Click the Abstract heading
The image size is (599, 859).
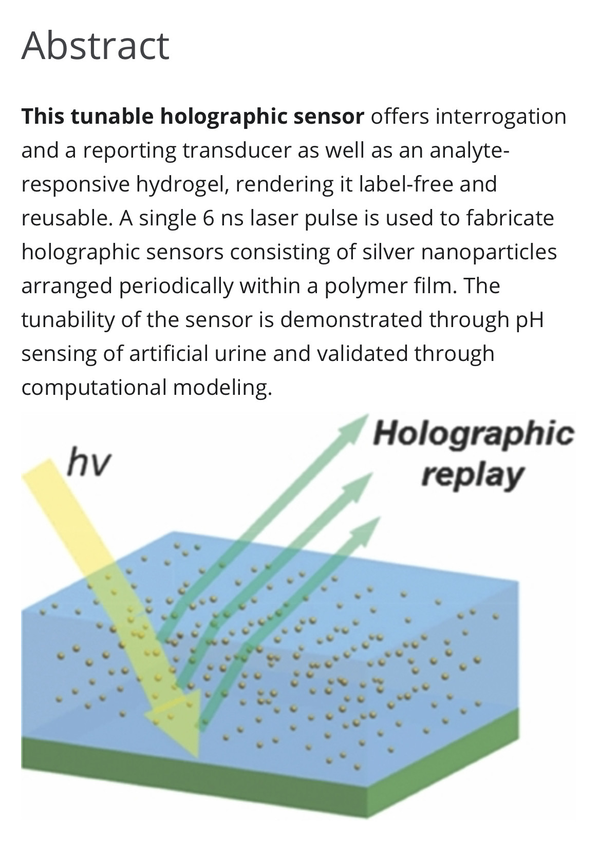[96, 46]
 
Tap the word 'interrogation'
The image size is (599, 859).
[500, 117]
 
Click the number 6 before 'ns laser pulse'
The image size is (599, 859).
[208, 218]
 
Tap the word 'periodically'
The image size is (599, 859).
[176, 286]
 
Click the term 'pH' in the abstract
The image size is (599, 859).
[529, 320]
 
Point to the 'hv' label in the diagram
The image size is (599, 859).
[88, 463]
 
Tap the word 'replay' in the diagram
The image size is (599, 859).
[471, 475]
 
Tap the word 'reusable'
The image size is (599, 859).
[65, 218]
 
